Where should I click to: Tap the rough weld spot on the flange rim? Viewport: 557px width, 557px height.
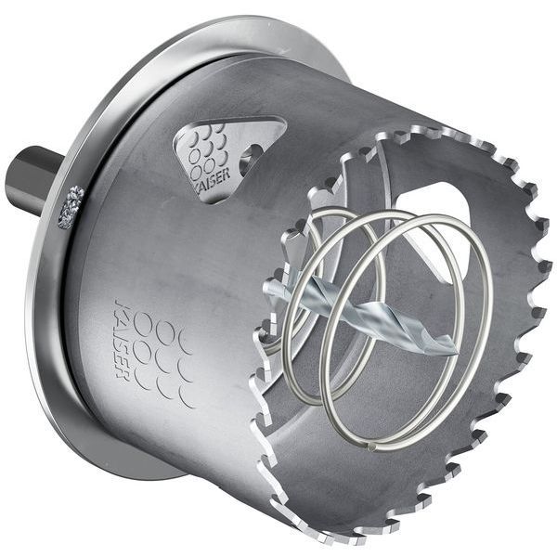tap(71, 207)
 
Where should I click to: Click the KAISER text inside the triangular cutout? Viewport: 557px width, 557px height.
tap(212, 182)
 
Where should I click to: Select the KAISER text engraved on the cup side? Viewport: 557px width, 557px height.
tap(122, 340)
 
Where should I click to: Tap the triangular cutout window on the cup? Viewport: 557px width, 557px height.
tap(230, 160)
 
